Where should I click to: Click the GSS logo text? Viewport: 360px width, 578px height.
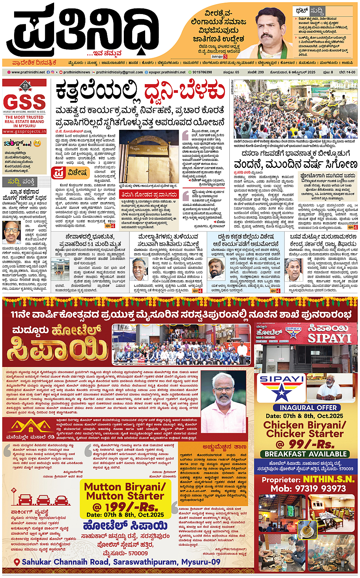coord(25,102)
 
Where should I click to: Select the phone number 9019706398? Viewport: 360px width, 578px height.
coord(202,72)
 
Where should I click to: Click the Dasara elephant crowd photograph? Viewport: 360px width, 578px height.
coord(295,109)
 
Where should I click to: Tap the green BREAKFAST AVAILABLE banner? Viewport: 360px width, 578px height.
coord(306,454)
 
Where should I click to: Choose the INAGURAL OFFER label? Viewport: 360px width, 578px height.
coord(306,407)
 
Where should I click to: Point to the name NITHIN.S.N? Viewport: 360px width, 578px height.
coord(328,479)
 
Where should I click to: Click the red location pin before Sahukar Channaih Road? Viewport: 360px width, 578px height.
coord(17,562)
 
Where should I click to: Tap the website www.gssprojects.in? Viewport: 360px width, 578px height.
coord(25,131)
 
